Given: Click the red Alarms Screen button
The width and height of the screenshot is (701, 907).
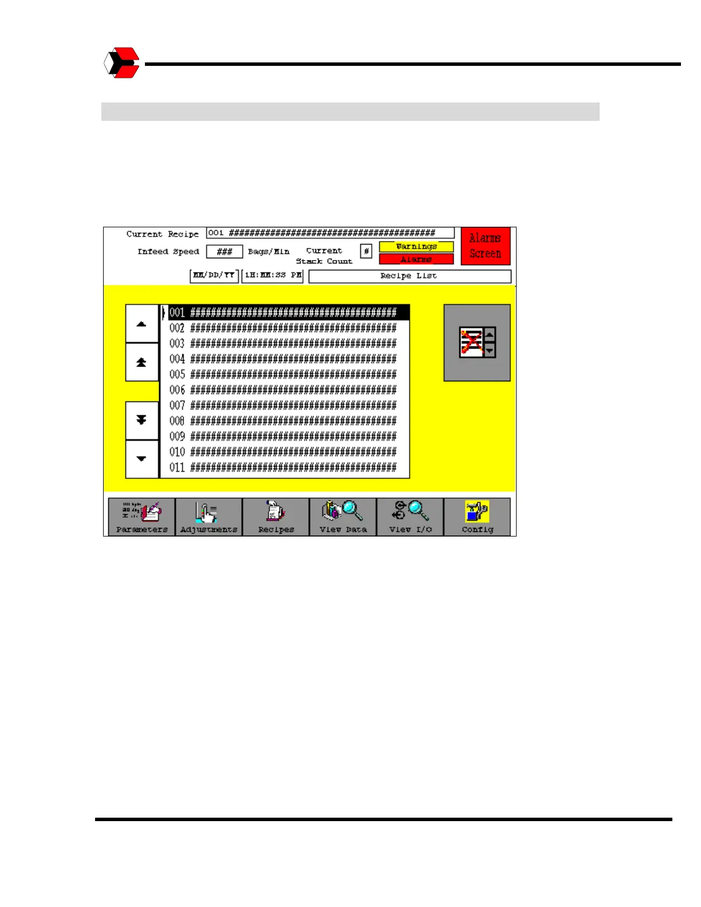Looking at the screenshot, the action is pos(485,246).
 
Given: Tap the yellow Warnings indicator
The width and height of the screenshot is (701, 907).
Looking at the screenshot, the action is pos(416,246).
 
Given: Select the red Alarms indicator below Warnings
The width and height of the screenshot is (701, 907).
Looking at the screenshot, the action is pos(416,259).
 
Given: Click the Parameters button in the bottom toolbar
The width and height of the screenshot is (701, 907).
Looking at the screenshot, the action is pos(141,516).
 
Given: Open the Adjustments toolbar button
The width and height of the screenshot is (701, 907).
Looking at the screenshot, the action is pos(208,516).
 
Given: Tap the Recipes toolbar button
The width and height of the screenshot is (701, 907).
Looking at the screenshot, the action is pos(276,516).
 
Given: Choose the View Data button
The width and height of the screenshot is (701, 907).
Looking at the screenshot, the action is pos(343,516).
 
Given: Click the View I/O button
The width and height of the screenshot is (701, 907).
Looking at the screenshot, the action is pos(410,516).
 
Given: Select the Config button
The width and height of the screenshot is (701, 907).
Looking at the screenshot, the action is pos(477,516).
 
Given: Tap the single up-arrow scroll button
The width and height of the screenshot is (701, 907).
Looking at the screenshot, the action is pos(141,324).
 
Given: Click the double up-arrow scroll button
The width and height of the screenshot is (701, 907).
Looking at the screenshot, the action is pos(141,362).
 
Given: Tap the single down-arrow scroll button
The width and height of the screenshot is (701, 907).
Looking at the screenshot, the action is pos(141,459).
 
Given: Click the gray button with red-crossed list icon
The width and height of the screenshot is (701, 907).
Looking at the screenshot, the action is pos(477,342).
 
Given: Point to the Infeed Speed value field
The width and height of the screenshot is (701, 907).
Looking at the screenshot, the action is pos(225,252).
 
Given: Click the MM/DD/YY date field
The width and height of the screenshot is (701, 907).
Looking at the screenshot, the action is pos(214,275).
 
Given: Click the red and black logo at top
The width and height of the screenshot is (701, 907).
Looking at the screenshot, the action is pos(122,63).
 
